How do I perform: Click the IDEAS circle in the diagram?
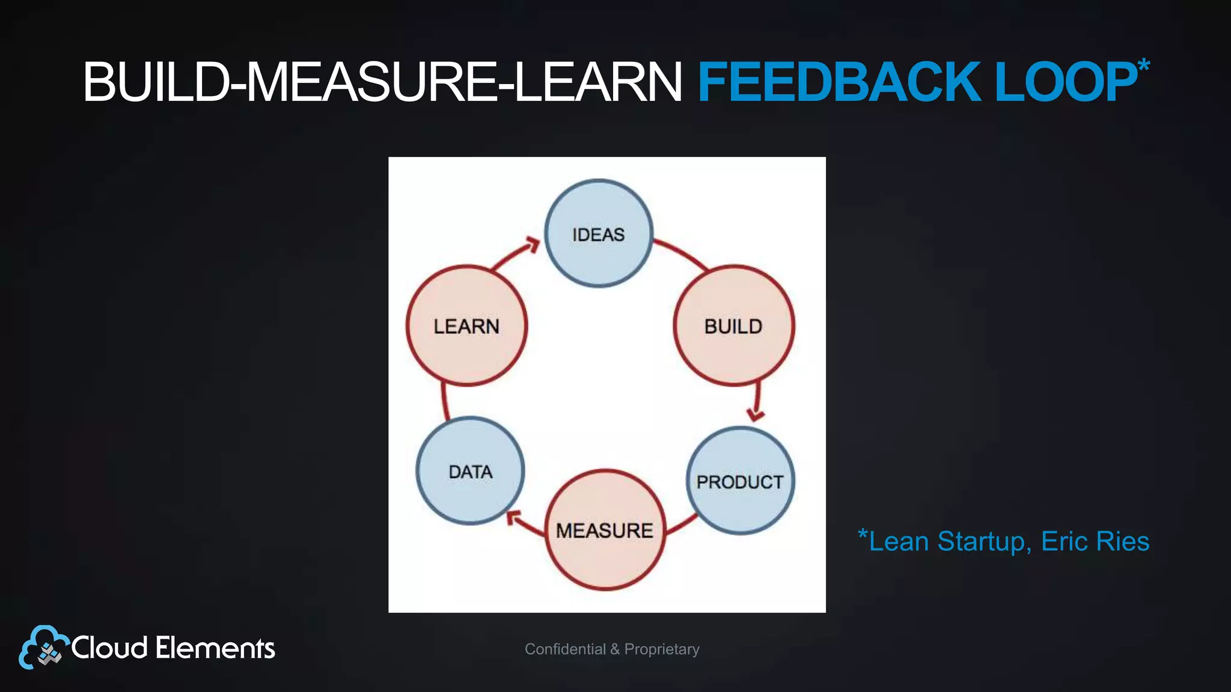(x=599, y=234)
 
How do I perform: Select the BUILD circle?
(x=733, y=326)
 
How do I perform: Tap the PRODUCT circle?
(x=740, y=481)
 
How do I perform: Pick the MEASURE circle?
(x=605, y=530)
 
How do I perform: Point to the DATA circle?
(x=470, y=472)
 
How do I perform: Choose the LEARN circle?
(x=466, y=326)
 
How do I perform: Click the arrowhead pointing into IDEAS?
(x=532, y=244)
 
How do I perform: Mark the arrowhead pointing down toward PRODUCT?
(x=755, y=414)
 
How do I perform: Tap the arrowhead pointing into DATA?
(x=513, y=518)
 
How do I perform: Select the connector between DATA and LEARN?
(x=444, y=401)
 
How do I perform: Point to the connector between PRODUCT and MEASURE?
(x=682, y=524)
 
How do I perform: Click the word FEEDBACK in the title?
(x=839, y=82)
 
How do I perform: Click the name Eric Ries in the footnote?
(x=1095, y=541)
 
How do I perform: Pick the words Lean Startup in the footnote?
(x=946, y=541)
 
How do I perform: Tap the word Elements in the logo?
(x=215, y=648)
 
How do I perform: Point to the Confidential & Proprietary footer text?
(x=612, y=649)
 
